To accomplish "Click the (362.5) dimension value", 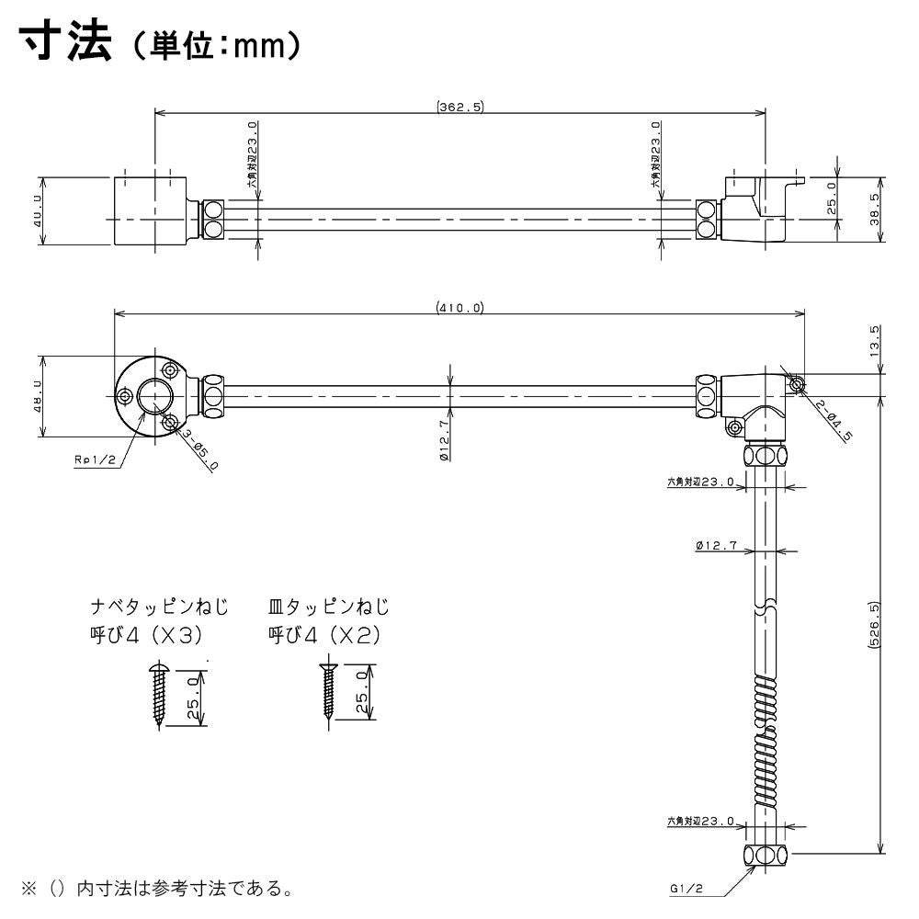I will pos(460,107).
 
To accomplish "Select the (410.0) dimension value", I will pos(459,308).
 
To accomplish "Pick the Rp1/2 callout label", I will pos(94,461).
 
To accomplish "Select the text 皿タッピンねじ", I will pos(328,607).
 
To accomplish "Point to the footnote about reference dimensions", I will pos(156,890).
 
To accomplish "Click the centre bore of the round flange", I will pos(153,397).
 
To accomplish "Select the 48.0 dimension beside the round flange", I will pos(38,397).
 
